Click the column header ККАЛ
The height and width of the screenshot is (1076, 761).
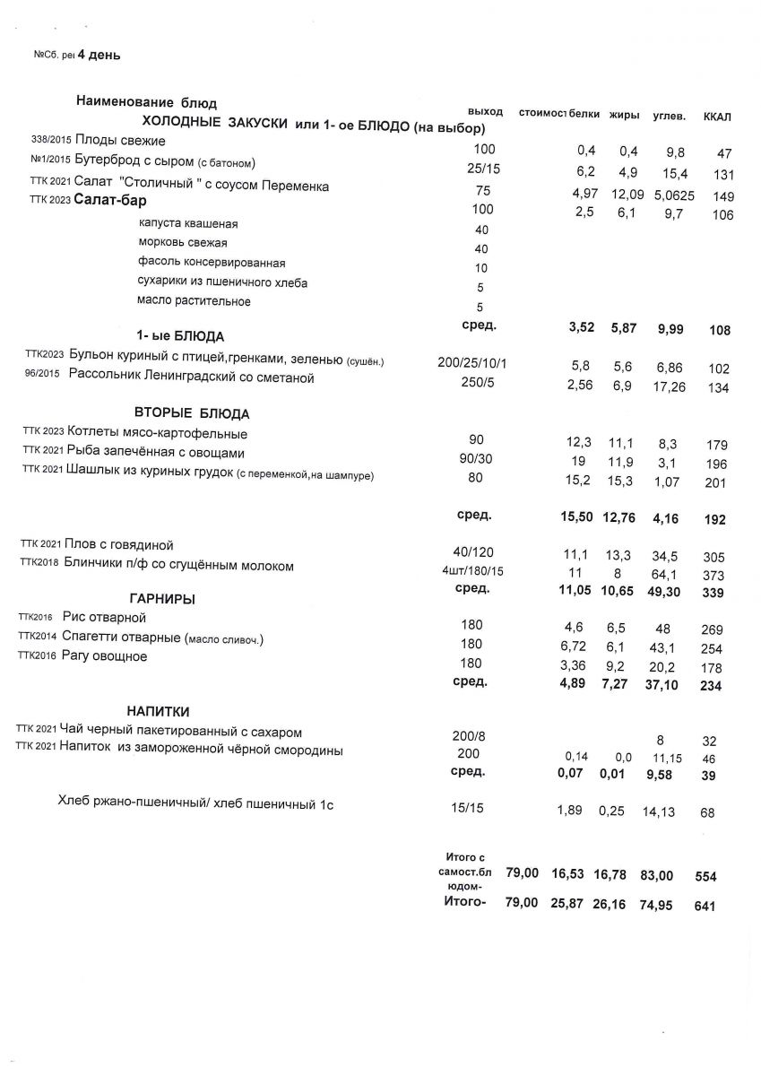(718, 117)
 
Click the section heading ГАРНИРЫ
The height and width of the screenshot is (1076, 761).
(162, 598)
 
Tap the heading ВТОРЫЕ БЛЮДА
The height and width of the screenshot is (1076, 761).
(192, 413)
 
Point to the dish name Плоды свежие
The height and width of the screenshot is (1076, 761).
(121, 141)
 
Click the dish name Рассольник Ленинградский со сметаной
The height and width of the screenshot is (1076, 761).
(192, 378)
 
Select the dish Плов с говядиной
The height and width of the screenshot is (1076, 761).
(119, 544)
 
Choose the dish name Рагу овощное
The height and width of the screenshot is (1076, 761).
(106, 656)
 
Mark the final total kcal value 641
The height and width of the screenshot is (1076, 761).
(706, 907)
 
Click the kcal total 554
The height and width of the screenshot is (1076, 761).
(706, 877)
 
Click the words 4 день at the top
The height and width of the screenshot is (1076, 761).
(99, 56)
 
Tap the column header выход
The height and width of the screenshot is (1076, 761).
(485, 110)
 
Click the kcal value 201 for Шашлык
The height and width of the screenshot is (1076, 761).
(714, 484)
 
